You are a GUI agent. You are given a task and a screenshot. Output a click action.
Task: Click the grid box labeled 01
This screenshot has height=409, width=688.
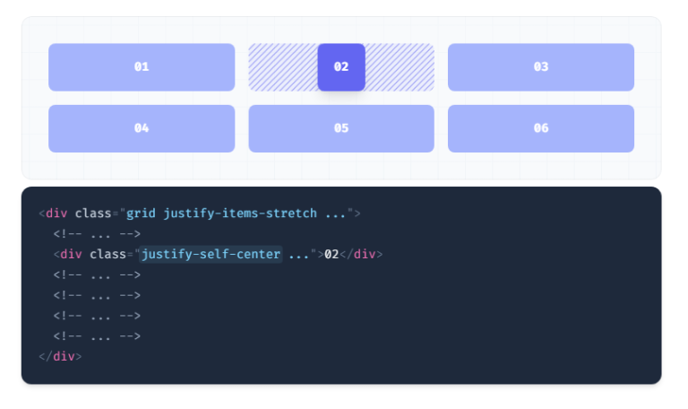click(x=142, y=67)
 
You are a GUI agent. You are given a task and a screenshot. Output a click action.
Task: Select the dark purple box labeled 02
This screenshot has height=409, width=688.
click(x=341, y=67)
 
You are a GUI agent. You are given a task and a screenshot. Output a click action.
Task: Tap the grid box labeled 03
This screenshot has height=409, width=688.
click(x=541, y=67)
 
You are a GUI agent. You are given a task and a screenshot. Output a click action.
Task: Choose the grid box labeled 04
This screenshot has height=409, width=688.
click(x=142, y=129)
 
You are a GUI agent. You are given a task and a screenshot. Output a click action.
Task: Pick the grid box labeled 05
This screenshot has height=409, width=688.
click(x=341, y=129)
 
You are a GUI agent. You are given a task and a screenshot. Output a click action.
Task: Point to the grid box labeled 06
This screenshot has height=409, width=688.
click(x=541, y=129)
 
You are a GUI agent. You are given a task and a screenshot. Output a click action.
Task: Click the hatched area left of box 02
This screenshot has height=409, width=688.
click(x=283, y=67)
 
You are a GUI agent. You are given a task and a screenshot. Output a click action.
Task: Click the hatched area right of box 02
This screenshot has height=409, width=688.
click(x=400, y=67)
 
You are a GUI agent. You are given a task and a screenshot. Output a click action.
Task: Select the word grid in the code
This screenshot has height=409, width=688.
click(x=141, y=213)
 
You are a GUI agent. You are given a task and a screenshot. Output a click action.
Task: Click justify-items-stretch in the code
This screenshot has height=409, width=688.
click(x=240, y=213)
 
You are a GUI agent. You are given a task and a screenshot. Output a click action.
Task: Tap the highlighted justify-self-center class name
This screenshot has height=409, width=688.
click(x=211, y=255)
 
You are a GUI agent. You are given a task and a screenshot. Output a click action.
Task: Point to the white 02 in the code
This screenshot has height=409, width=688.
click(x=331, y=255)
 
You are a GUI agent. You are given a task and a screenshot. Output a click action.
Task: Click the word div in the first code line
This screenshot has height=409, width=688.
click(x=56, y=213)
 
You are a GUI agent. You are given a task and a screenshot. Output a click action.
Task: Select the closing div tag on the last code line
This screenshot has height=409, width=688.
click(x=60, y=356)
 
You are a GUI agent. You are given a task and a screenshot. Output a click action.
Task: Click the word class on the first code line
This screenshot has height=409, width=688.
click(x=93, y=213)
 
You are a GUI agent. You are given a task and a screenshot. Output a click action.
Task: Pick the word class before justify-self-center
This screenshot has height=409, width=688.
click(x=107, y=255)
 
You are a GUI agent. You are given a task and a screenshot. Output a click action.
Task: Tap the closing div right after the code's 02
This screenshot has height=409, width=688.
click(x=361, y=255)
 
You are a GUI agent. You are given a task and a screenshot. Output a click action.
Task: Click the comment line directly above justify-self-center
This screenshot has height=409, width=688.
click(x=97, y=234)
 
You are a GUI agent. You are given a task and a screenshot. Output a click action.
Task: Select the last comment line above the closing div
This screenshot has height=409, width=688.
click(x=97, y=336)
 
